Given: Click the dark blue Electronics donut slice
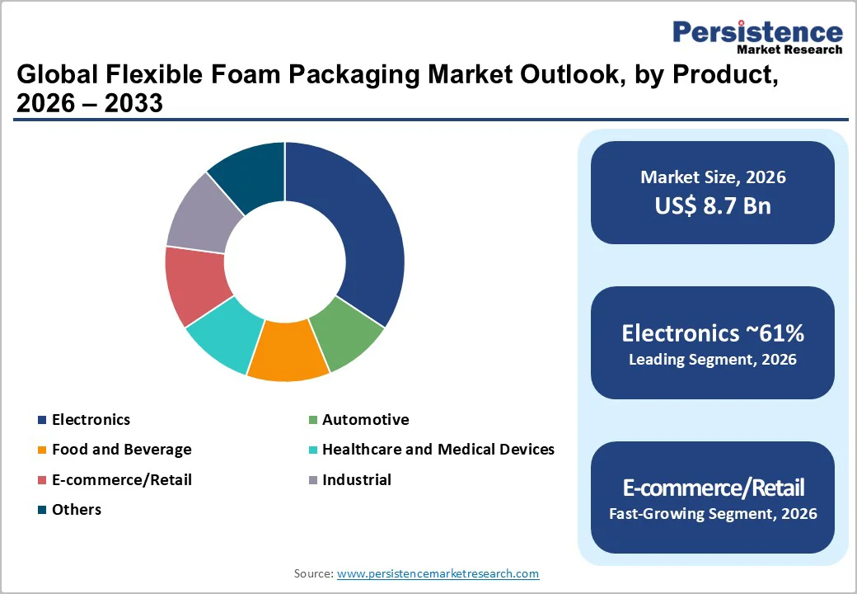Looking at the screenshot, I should (363, 231).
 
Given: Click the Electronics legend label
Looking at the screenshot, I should (91, 420).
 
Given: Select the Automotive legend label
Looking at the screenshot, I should (365, 420).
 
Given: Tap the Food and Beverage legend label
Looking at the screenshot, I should (121, 450).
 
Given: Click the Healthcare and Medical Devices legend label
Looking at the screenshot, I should (438, 450).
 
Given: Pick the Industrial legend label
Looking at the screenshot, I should (356, 479).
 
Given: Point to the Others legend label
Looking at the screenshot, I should (77, 509).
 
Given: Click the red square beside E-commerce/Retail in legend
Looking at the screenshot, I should (41, 480).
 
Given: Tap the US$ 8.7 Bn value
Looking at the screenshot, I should (713, 205).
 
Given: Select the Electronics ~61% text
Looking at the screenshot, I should (713, 333).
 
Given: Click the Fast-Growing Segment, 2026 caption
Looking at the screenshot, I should (713, 514).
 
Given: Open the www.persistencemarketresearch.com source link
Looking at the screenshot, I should (438, 573).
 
